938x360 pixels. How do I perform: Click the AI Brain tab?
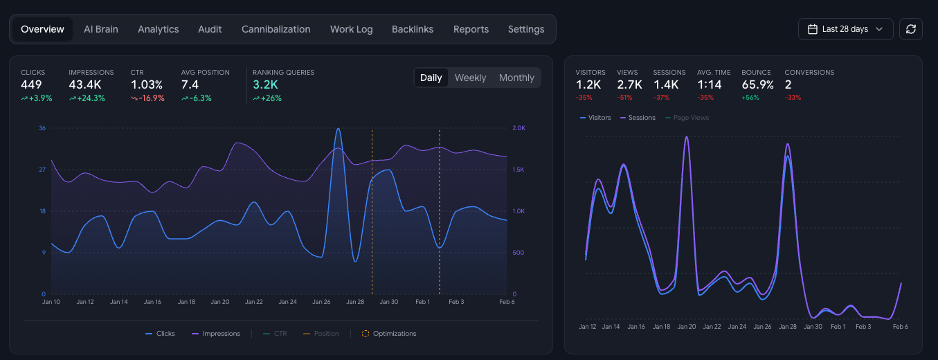pyautogui.click(x=100, y=29)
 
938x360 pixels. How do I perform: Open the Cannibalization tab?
pyautogui.click(x=276, y=29)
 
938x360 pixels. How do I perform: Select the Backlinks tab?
pyautogui.click(x=412, y=29)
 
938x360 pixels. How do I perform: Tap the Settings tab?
pyautogui.click(x=525, y=29)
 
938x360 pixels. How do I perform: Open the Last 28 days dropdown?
pyautogui.click(x=845, y=29)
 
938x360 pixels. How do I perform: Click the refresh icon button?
pyautogui.click(x=910, y=29)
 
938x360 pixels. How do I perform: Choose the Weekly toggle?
pyautogui.click(x=470, y=78)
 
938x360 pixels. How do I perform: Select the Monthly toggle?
pyautogui.click(x=516, y=78)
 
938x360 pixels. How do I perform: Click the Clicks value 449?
pyautogui.click(x=31, y=84)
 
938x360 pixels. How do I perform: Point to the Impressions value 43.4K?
pyautogui.click(x=85, y=84)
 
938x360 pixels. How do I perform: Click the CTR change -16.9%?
pyautogui.click(x=147, y=98)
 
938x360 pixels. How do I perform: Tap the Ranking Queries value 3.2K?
pyautogui.click(x=265, y=84)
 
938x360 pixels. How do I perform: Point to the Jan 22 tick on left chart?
pyautogui.click(x=254, y=302)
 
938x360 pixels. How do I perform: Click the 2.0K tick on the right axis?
pyautogui.click(x=518, y=128)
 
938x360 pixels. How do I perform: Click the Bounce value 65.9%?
pyautogui.click(x=757, y=84)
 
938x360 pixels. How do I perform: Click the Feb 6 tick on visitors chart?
pyautogui.click(x=900, y=327)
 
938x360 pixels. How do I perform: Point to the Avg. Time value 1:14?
pyautogui.click(x=709, y=84)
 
